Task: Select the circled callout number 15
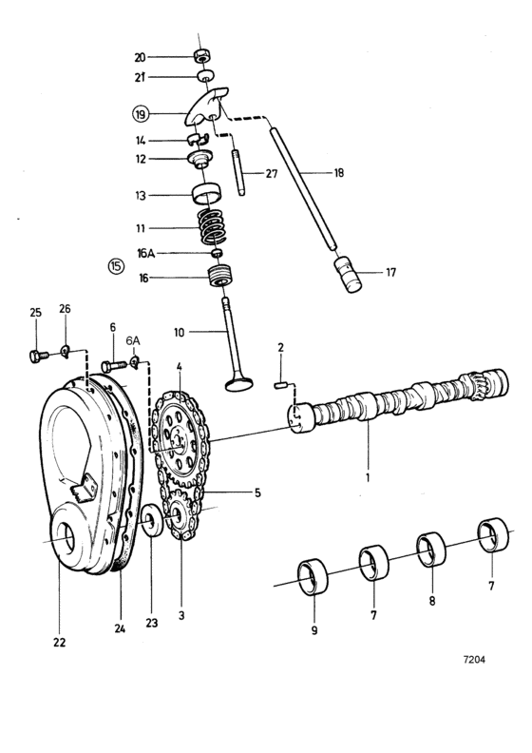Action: tap(116, 265)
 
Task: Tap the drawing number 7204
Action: tap(472, 657)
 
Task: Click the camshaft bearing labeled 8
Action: tap(432, 549)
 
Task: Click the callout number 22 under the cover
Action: tap(60, 643)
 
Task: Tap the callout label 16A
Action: tap(145, 254)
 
